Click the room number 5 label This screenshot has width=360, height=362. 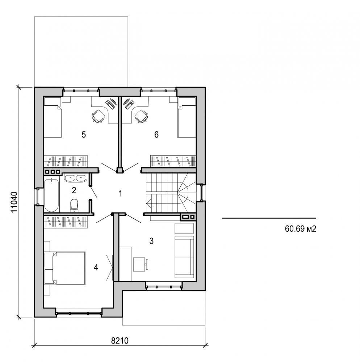click(84, 135)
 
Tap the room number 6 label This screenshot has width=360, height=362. click(156, 135)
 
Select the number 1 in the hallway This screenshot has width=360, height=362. click(120, 193)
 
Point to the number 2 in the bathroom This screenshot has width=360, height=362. click(74, 190)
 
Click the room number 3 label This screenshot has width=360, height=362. click(152, 240)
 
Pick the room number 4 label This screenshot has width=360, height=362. click(96, 268)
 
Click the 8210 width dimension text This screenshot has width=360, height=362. click(120, 341)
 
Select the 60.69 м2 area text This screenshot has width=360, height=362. click(298, 229)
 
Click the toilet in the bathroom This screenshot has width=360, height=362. click(74, 205)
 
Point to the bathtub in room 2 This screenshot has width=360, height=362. click(51, 195)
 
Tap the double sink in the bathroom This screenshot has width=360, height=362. click(75, 178)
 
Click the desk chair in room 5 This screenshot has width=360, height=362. click(97, 117)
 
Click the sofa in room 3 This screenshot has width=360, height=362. click(184, 257)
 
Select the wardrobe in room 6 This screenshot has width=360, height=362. click(173, 161)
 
